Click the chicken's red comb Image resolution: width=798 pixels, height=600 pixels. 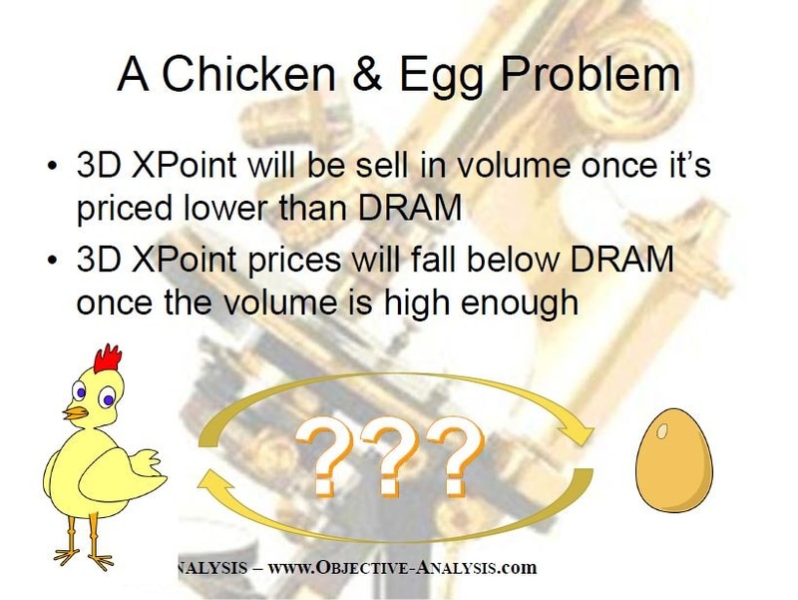click(107, 357)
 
